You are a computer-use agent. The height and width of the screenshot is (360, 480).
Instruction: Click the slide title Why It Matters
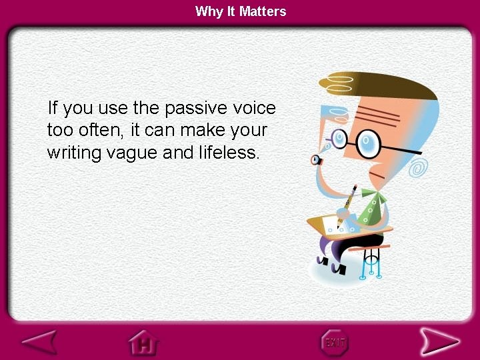pos(241,11)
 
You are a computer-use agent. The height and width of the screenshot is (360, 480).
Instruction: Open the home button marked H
pos(143,343)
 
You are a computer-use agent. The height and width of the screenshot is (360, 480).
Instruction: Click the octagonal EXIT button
pos(335,342)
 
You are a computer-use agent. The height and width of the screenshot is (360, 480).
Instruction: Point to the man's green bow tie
pos(371,208)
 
